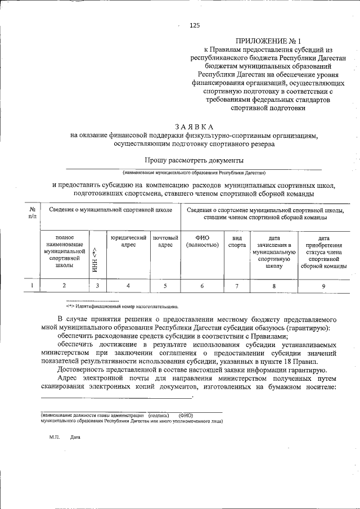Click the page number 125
[x=195, y=25]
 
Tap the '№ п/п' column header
[x=32, y=214]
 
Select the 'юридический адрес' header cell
[x=128, y=242]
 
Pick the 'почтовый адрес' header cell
[x=165, y=242]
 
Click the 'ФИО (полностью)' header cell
[x=202, y=242]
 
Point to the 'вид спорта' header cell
[x=237, y=242]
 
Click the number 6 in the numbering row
[x=202, y=286]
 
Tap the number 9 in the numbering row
[x=323, y=286]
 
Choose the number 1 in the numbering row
[x=32, y=286]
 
